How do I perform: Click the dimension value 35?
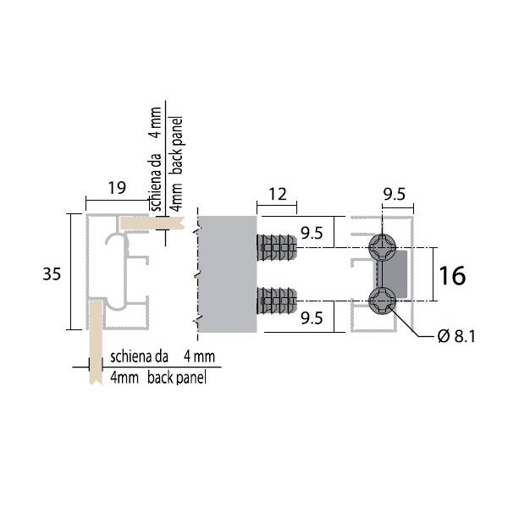tap(52, 274)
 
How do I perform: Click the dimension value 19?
tap(117, 188)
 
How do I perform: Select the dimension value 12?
tap(278, 195)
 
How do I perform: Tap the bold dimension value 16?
tap(452, 275)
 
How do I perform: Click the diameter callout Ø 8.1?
tap(456, 336)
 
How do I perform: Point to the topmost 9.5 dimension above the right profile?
tap(394, 195)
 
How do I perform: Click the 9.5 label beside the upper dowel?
tap(312, 234)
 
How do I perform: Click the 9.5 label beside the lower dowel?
tap(312, 318)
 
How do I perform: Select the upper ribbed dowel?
tap(277, 248)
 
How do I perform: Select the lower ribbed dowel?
tap(277, 301)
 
